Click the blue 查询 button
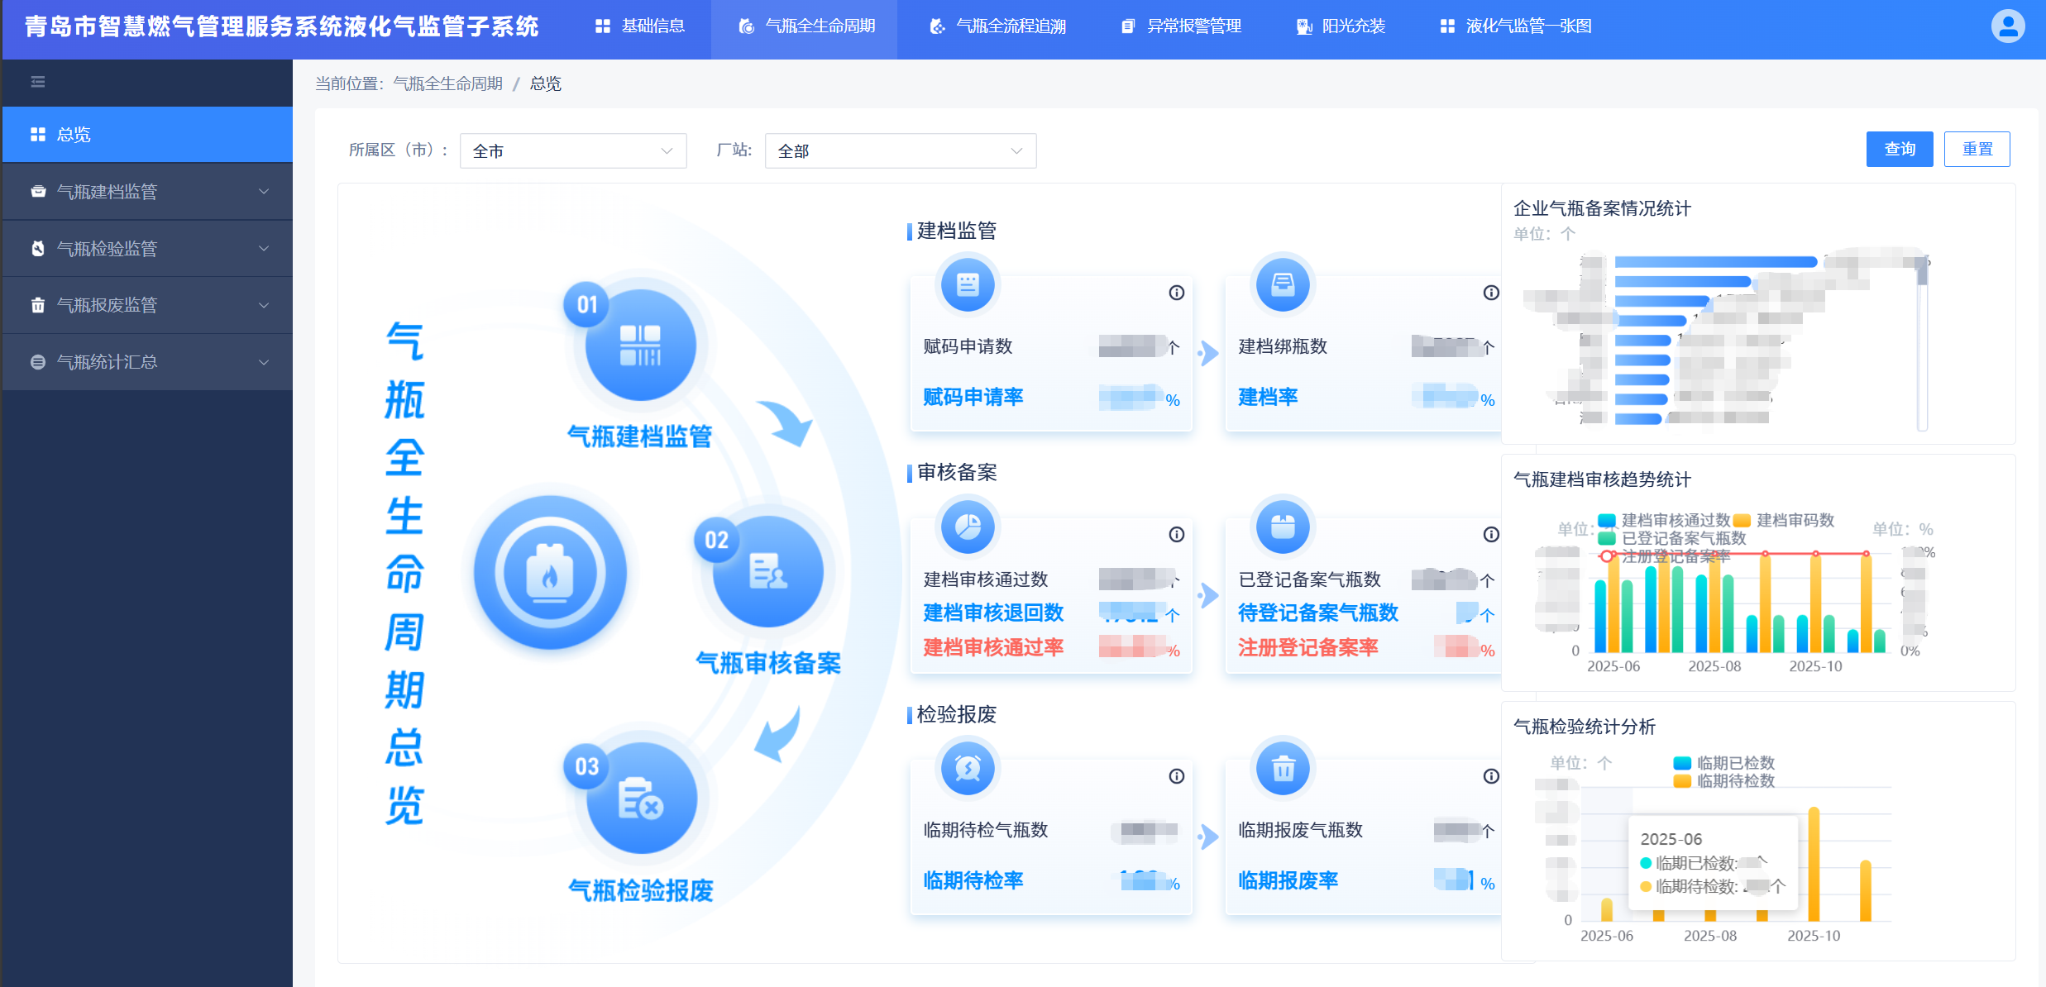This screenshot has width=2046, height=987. pos(1899,150)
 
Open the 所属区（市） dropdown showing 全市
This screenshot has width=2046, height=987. pos(572,151)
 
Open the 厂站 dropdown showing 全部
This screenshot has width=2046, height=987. pos(900,151)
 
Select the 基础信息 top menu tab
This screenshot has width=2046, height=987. pos(640,26)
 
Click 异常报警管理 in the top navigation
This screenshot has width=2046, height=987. pos(1182,26)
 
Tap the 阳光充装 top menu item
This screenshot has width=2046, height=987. pos(1341,26)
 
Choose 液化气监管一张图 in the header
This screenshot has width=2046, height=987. pos(1516,26)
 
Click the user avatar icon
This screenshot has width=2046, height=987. pos(2007,26)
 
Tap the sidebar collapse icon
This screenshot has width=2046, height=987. pos(38,82)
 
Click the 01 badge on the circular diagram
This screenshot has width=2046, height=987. pos(587,305)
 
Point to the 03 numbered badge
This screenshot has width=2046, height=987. pos(587,766)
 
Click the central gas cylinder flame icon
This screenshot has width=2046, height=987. pos(550,572)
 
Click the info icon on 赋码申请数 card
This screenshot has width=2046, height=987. pos(1176,293)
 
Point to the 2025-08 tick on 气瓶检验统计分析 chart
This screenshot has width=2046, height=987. pos(1710,936)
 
